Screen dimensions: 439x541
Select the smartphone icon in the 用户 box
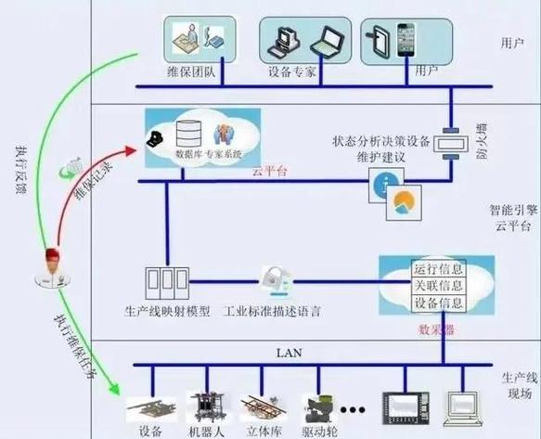pyautogui.click(x=406, y=40)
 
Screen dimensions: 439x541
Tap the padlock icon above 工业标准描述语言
pyautogui.click(x=274, y=278)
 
